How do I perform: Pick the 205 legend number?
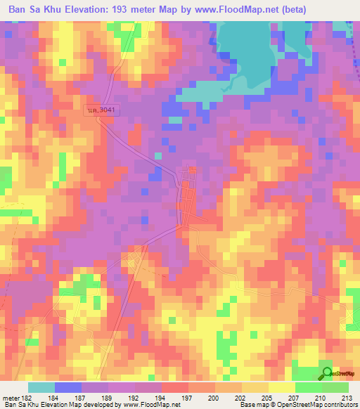[x=263, y=398]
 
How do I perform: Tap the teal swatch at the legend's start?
[x=41, y=387]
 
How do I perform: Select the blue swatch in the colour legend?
[x=68, y=387]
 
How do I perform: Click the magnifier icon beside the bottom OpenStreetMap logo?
[x=326, y=374]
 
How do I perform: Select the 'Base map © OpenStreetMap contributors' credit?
[x=299, y=405]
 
